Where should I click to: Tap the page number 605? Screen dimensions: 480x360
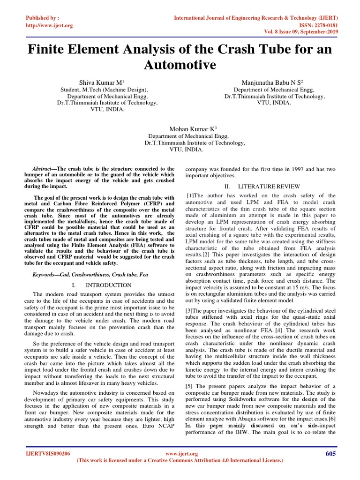click(331, 453)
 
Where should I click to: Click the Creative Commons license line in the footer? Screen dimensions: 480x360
click(180, 461)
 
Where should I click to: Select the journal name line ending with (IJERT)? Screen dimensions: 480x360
click(256, 18)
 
